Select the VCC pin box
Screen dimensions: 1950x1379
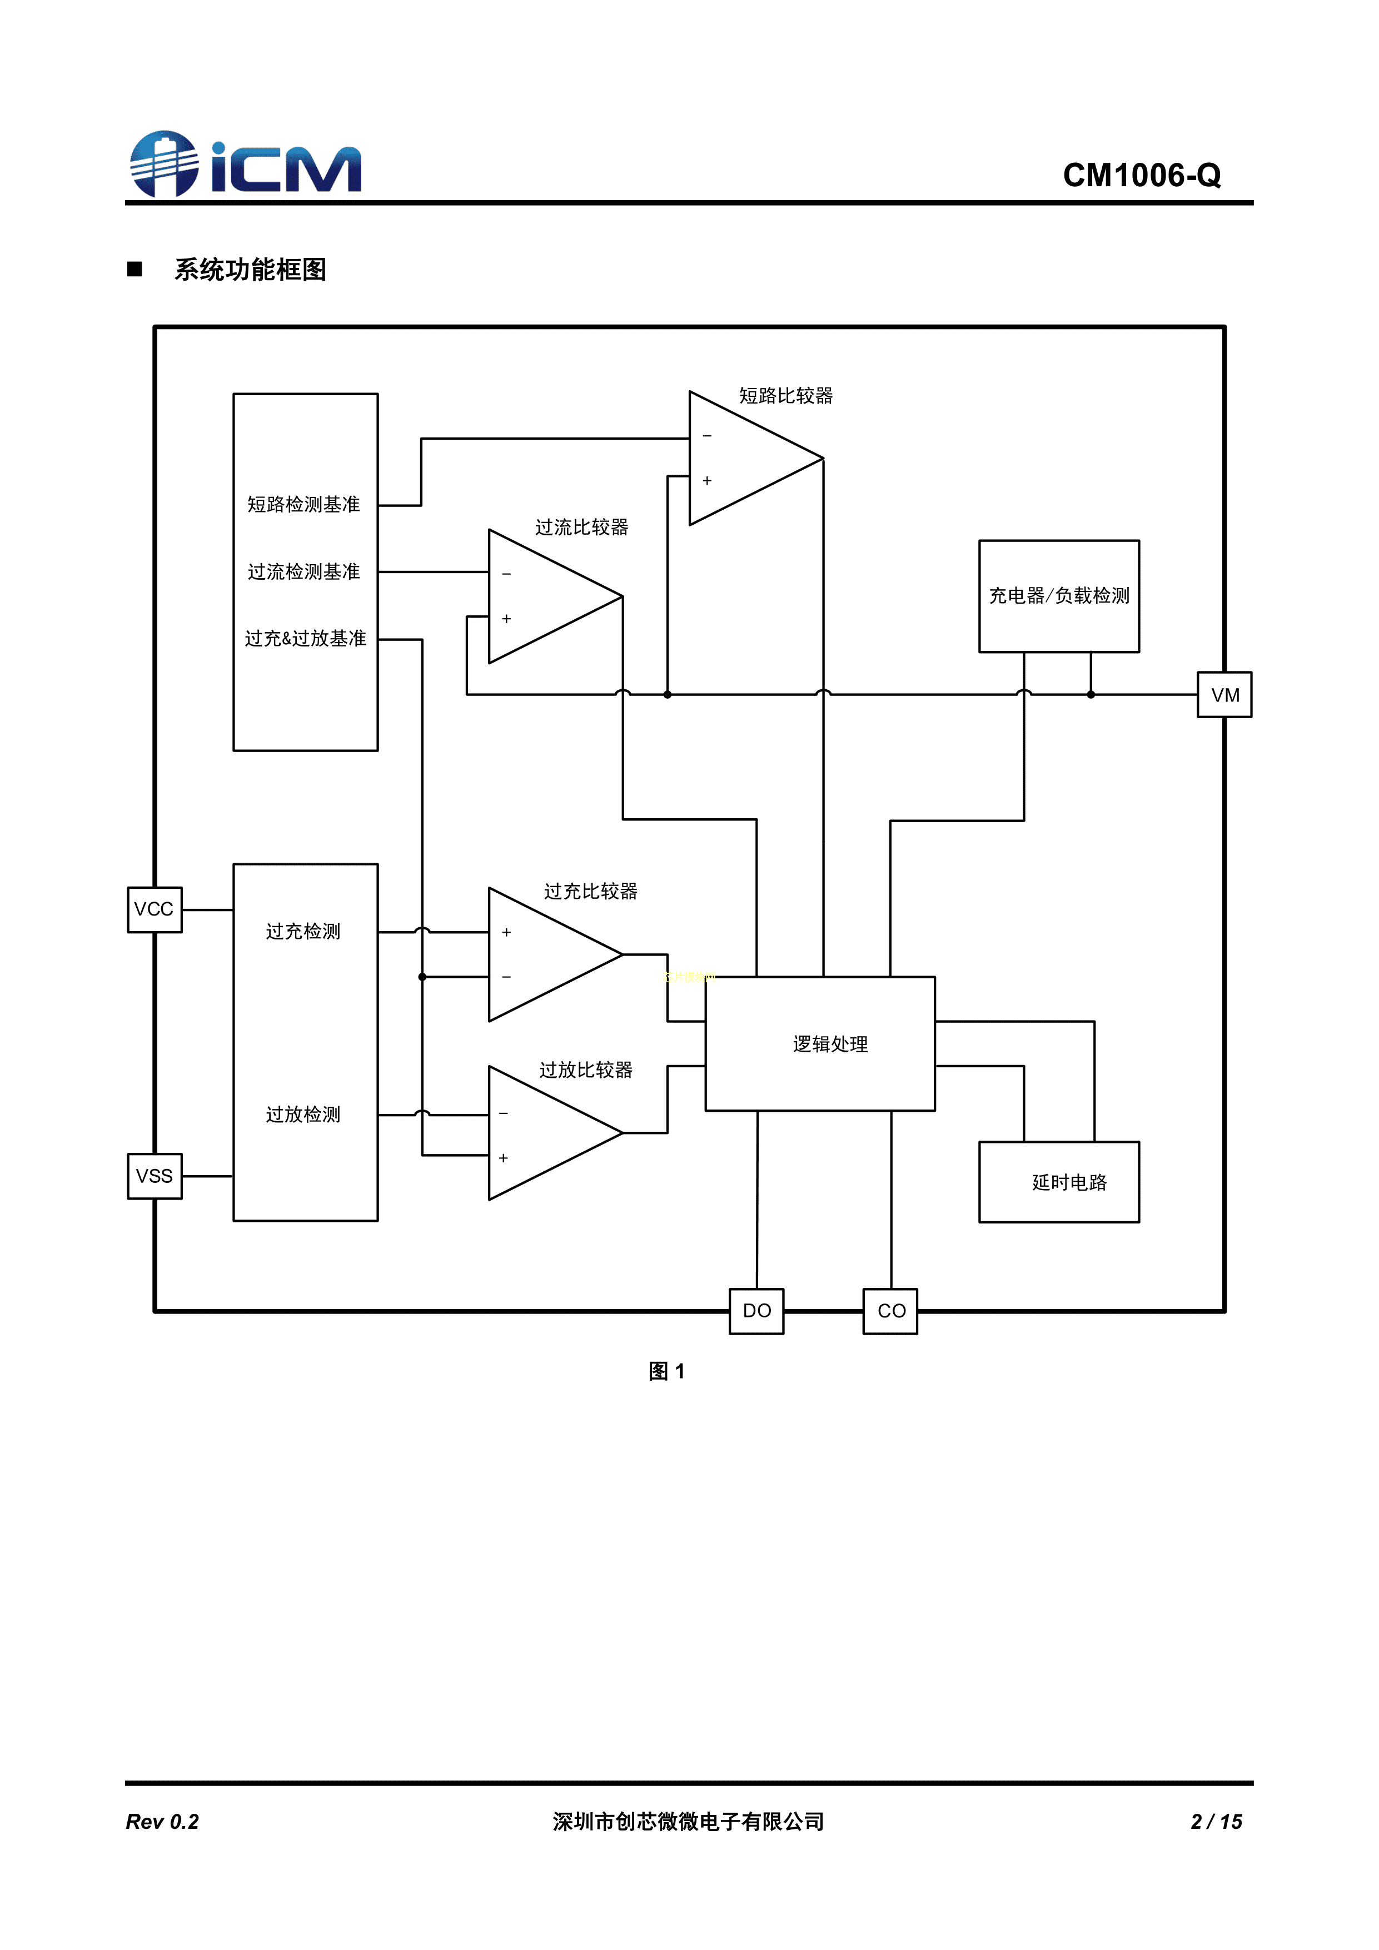pyautogui.click(x=155, y=909)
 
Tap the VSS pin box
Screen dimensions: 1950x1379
pyautogui.click(x=155, y=1176)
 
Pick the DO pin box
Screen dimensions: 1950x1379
pyautogui.click(x=756, y=1311)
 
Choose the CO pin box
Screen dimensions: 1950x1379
pyautogui.click(x=891, y=1311)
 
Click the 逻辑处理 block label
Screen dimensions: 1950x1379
pyautogui.click(x=830, y=1044)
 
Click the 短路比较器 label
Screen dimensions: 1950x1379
pyautogui.click(x=785, y=396)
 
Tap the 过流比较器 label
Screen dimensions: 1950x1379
pyautogui.click(x=581, y=528)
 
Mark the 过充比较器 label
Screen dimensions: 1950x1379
pyautogui.click(x=590, y=891)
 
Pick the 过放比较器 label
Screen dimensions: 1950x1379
pyautogui.click(x=586, y=1070)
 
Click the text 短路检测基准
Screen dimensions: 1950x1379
pyautogui.click(x=304, y=505)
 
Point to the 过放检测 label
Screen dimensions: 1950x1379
pyautogui.click(x=303, y=1115)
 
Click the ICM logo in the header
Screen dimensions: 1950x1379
pyautogui.click(x=246, y=165)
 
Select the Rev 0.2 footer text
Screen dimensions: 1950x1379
pyautogui.click(x=162, y=1821)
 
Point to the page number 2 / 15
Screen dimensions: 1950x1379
pyautogui.click(x=1216, y=1821)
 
